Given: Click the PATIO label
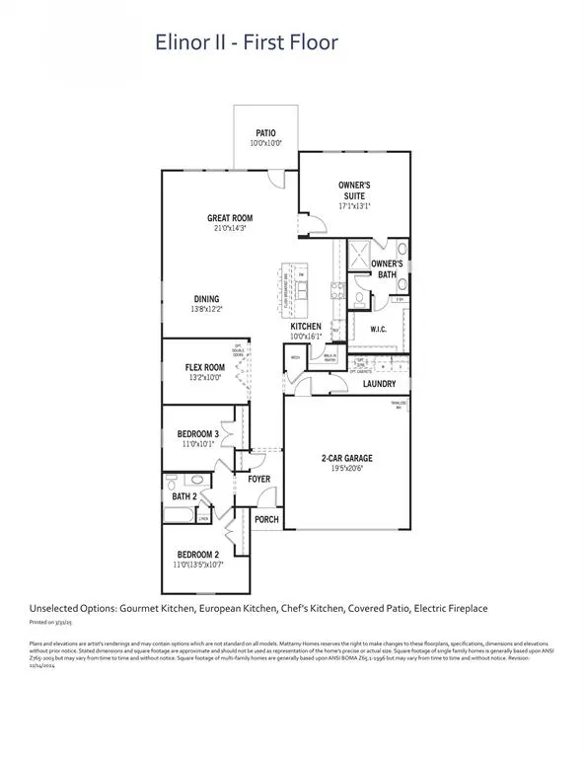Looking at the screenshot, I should pos(265,132).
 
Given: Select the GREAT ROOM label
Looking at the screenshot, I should pos(230,218).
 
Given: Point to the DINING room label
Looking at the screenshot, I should pos(206,299).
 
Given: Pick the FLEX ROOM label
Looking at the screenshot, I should pos(206,366).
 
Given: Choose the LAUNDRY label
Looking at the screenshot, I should pos(379,384).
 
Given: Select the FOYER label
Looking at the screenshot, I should pos(258,479).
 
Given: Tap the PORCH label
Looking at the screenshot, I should pos(266,519).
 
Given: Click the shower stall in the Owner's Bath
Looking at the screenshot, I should pos(349,254).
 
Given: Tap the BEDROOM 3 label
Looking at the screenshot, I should pos(197,434).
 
